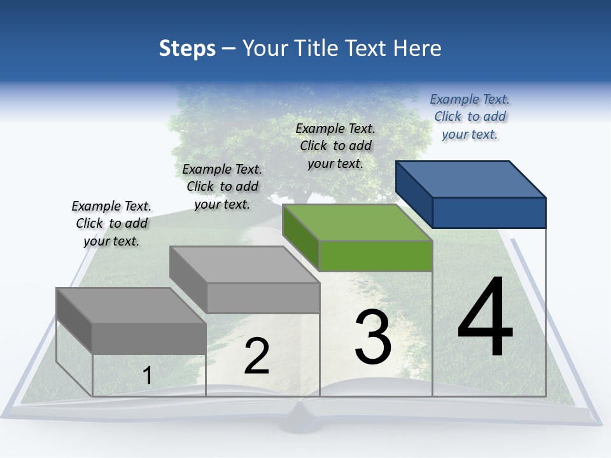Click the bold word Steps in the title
coord(187,48)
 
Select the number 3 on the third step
coord(373,337)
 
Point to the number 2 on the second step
coord(256,356)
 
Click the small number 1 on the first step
coord(148,375)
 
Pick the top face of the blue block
coord(470,179)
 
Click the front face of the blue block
coord(489,212)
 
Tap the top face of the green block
coord(356,222)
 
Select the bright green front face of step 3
coord(376,256)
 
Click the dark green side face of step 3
coord(300,235)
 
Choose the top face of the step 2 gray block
coord(244,264)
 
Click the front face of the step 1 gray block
coord(149,338)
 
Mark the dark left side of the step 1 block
coord(74,318)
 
